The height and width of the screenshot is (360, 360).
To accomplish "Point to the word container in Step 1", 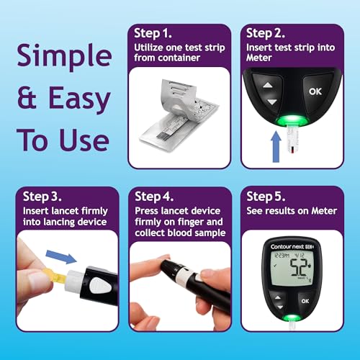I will pos(158,58).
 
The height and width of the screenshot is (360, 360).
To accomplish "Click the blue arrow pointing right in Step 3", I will pos(57,258).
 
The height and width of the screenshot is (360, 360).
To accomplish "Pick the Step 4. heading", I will pos(156,196).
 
